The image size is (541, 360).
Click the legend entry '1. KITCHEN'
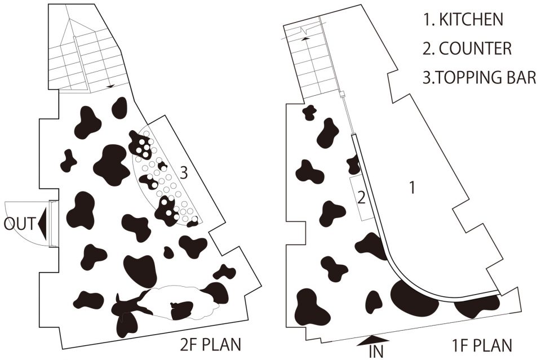coord(463,19)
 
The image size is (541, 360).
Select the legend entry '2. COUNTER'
coord(467,48)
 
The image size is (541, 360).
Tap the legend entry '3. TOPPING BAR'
coord(480,78)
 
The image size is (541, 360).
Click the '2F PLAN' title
coord(211,345)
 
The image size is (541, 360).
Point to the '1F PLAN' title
coord(482,345)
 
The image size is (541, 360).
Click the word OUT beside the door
coord(19,224)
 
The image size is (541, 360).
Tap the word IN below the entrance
coord(376,352)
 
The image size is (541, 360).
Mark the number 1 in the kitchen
coord(411,188)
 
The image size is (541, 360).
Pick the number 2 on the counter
coord(361,198)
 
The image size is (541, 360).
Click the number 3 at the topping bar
coord(184,172)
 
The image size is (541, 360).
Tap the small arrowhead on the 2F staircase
coord(110,87)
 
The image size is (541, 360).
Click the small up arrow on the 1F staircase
coord(305,39)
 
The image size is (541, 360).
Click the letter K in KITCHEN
coord(444,19)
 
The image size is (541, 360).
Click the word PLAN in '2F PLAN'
coord(221,345)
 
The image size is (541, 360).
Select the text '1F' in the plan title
coord(460,345)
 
